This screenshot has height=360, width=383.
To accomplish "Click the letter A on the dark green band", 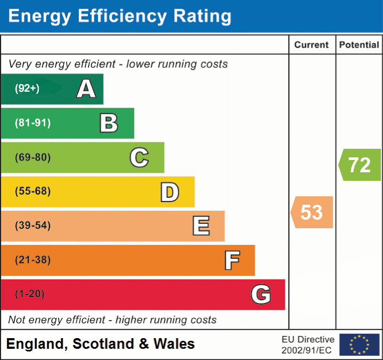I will (x=86, y=89).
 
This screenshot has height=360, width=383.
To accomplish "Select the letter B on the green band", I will (x=109, y=123).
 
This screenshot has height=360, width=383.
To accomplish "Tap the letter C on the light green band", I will (x=139, y=157).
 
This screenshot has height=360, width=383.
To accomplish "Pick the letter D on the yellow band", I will (x=169, y=192).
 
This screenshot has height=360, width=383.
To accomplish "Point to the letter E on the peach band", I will (x=200, y=226).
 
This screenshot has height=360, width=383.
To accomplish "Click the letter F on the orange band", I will (x=231, y=260).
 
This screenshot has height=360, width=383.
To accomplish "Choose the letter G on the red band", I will (x=261, y=294).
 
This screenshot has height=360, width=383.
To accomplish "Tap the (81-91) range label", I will (x=32, y=123).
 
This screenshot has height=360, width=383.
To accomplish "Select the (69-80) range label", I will (x=32, y=157).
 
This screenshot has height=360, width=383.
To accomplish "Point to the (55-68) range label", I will (x=32, y=191).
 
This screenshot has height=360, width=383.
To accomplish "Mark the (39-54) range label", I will (x=32, y=226).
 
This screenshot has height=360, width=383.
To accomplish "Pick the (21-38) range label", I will (x=32, y=260).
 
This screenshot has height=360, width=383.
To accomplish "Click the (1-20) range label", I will (x=30, y=294).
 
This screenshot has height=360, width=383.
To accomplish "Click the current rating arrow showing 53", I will (x=312, y=212).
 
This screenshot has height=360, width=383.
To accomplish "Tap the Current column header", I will (x=312, y=45).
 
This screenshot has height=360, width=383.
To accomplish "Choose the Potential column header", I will (x=359, y=45).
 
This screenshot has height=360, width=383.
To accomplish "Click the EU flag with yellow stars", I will (x=359, y=345).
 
